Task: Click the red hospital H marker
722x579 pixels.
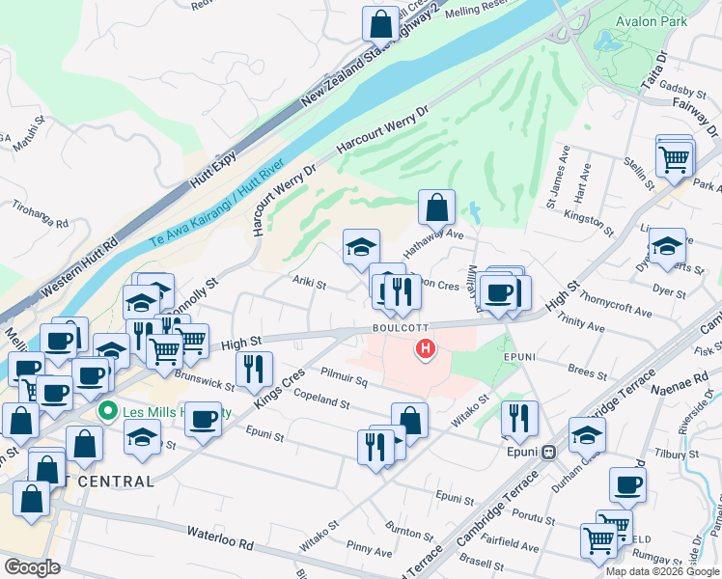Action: tap(424, 349)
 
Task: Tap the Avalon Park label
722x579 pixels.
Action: tap(653, 20)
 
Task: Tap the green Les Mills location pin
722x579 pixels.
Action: tap(109, 412)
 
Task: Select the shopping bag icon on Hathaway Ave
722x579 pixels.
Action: tap(436, 205)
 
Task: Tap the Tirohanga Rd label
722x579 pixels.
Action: tap(41, 215)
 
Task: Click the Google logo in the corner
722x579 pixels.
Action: tap(32, 566)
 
